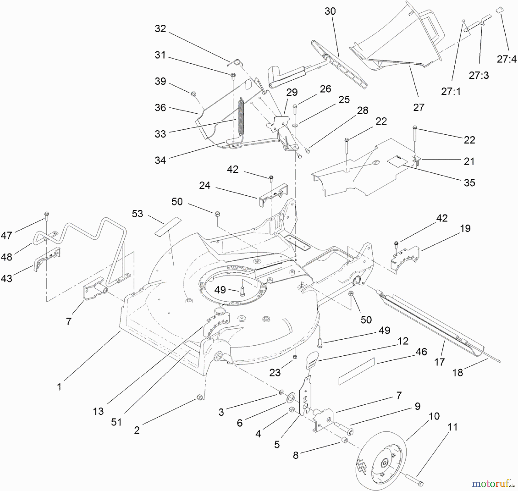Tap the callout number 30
tap(330, 11)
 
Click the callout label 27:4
tap(506, 59)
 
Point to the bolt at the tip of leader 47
tap(47, 214)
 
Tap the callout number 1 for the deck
tap(59, 387)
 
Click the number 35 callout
tap(469, 182)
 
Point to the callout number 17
tap(439, 362)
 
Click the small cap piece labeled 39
tap(193, 94)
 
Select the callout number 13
tap(98, 411)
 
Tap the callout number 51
tap(116, 422)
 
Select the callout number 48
tap(6, 257)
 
